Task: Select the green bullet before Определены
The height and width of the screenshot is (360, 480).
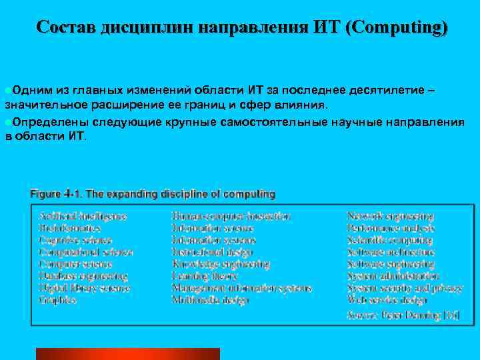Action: coord(7,123)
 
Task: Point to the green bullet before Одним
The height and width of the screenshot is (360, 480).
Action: coord(7,91)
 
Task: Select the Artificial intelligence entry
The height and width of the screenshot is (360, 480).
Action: coord(83,217)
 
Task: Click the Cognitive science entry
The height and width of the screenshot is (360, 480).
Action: coord(75,241)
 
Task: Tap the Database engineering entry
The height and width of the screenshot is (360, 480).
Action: coord(83,276)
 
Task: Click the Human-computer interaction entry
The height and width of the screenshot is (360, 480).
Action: coord(231,217)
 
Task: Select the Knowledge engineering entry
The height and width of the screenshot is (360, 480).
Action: coord(220,264)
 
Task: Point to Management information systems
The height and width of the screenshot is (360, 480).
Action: coord(241,288)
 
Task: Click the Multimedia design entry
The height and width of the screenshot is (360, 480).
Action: coord(210,300)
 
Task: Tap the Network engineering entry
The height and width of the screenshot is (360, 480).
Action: coord(390,217)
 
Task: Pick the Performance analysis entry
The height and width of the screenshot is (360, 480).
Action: coord(391,229)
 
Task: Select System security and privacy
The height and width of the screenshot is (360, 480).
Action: coord(405,288)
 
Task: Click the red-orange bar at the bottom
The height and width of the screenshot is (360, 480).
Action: coord(127,354)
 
